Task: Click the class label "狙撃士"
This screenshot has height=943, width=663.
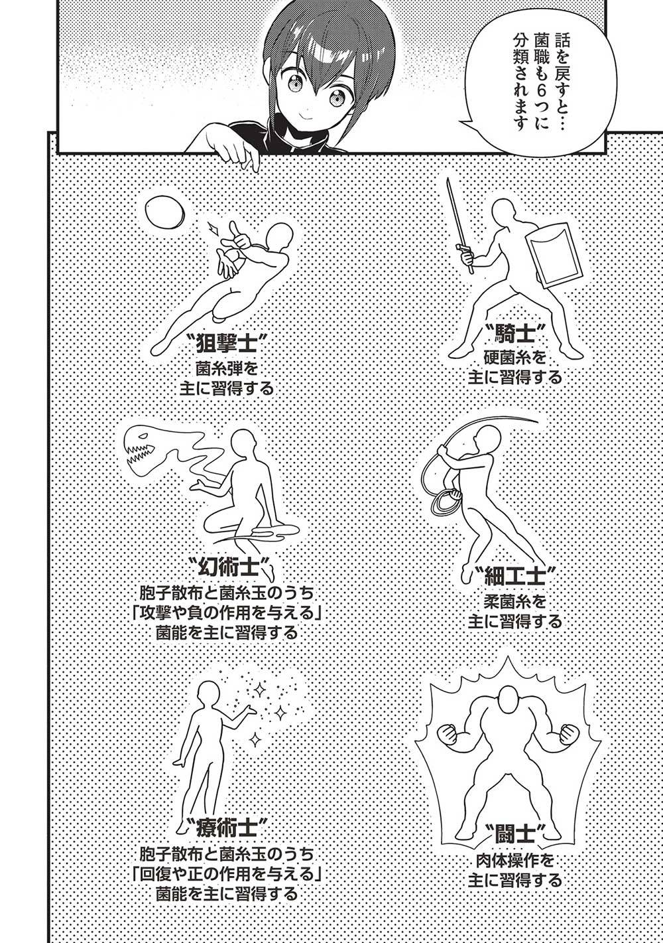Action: tap(226, 344)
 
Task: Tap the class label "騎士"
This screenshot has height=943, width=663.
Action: tap(514, 332)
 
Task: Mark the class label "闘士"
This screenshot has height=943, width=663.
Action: tap(514, 832)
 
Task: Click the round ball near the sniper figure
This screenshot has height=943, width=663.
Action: tap(161, 211)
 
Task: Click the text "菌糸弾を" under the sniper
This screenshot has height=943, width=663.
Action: tap(226, 368)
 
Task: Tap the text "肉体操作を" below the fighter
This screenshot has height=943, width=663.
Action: tap(514, 862)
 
